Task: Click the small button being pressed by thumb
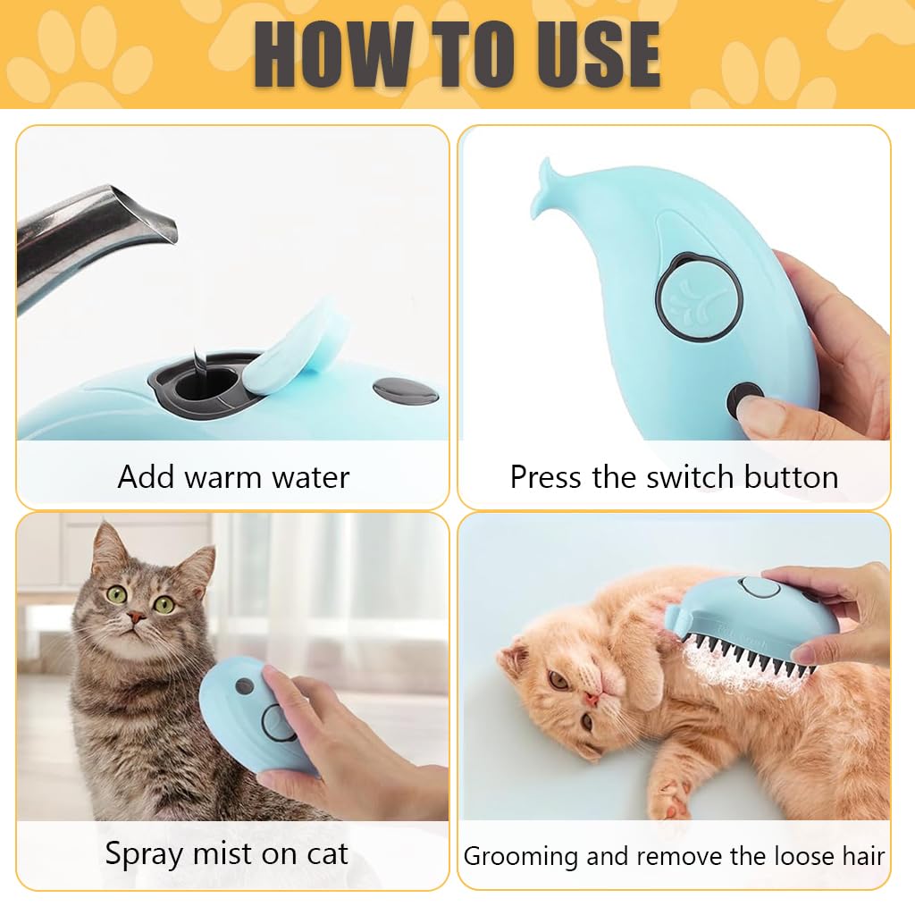[x=743, y=400]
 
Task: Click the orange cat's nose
[x=591, y=693]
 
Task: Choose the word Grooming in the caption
[x=521, y=856]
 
